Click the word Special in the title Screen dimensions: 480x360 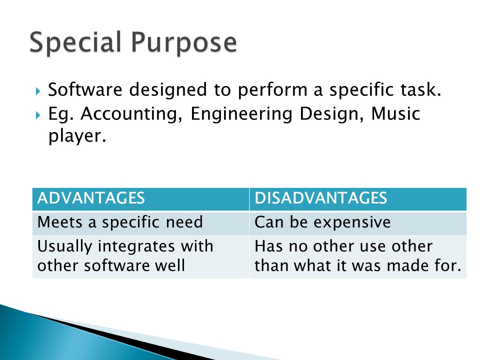pyautogui.click(x=75, y=42)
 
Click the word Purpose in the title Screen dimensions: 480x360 pyautogui.click(x=184, y=43)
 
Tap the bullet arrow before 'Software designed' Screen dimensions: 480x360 pyautogui.click(x=38, y=91)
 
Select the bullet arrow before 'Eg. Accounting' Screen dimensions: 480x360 pyautogui.click(x=38, y=115)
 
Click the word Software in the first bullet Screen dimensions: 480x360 pyautogui.click(x=85, y=89)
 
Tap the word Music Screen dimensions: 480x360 pyautogui.click(x=395, y=113)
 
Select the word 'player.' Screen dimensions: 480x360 pyautogui.click(x=77, y=136)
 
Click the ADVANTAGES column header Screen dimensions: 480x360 pyautogui.click(x=91, y=198)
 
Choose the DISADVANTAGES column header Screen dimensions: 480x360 pyautogui.click(x=321, y=198)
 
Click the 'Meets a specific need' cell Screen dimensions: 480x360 pyautogui.click(x=120, y=222)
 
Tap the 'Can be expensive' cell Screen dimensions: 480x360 pyautogui.click(x=322, y=222)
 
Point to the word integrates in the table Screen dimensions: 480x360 pyautogui.click(x=135, y=246)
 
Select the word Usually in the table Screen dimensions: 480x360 pyautogui.click(x=64, y=246)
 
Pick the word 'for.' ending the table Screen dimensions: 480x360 pyautogui.click(x=448, y=265)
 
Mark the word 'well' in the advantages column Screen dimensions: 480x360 pyautogui.click(x=170, y=265)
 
